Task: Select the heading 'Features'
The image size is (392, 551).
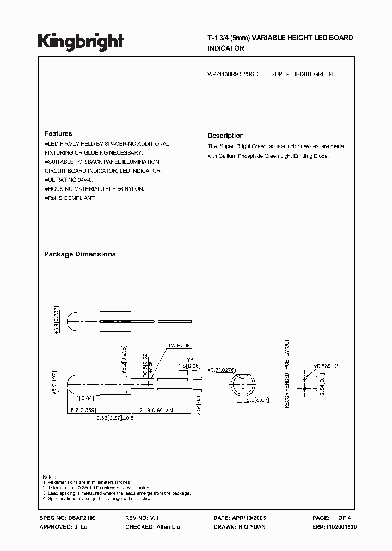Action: [58, 133]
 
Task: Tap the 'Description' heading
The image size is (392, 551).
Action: [225, 136]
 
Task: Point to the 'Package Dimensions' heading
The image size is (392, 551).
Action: [79, 254]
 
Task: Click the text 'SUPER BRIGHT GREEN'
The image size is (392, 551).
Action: [302, 74]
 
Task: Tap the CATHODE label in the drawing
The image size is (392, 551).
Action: [180, 345]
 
